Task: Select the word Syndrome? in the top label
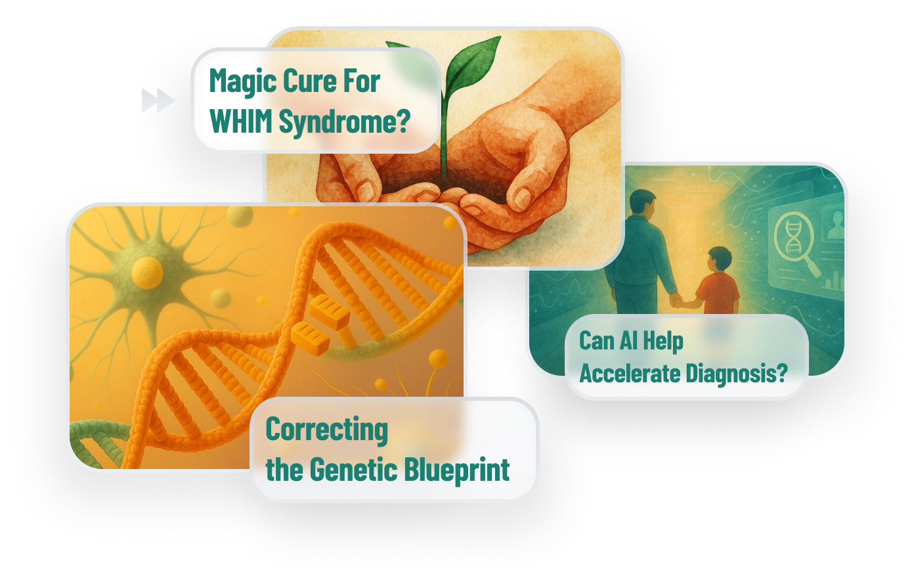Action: point(344,122)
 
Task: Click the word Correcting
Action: point(326,430)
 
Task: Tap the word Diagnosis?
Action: point(737,374)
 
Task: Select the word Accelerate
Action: point(630,373)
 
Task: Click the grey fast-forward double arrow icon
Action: point(158,100)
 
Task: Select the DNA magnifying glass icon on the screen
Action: point(796,243)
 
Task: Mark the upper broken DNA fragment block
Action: point(329,312)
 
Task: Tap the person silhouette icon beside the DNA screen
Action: point(835,225)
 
